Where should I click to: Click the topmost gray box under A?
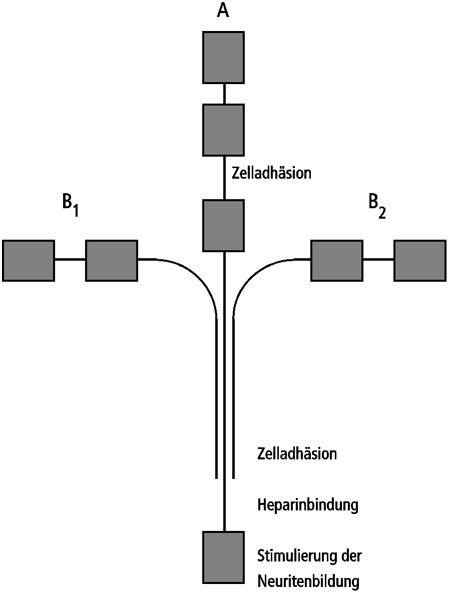[223, 57]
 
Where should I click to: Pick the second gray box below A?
[223, 130]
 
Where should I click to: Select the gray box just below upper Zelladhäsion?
[223, 226]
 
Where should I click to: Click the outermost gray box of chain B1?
[28, 261]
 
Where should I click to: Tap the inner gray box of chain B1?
[112, 261]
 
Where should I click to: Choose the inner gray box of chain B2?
[337, 261]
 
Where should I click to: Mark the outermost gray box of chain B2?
[420, 261]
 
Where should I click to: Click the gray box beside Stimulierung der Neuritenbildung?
[223, 557]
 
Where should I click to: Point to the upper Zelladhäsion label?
[272, 173]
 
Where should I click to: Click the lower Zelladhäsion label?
[297, 453]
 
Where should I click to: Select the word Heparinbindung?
[308, 505]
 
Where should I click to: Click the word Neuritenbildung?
[308, 581]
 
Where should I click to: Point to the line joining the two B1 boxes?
[70, 259]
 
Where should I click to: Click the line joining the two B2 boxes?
[378, 259]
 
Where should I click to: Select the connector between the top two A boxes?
[224, 94]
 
